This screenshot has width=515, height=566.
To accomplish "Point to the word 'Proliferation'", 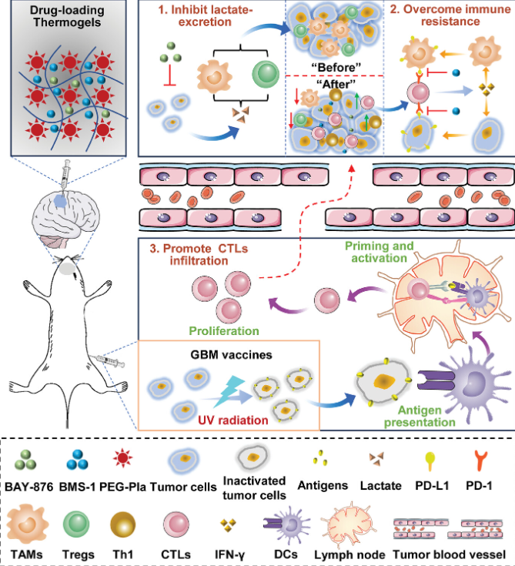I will (x=222, y=332).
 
